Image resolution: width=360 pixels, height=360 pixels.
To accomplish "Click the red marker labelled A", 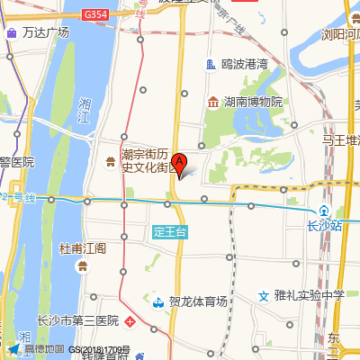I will [x=179, y=164].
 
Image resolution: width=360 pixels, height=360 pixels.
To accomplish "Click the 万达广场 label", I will [x=46, y=32].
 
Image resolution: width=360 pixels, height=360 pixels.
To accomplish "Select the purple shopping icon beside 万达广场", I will [x=11, y=32].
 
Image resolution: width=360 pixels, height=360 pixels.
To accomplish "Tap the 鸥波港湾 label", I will [x=244, y=64].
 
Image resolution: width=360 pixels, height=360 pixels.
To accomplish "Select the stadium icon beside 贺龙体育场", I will [x=157, y=302].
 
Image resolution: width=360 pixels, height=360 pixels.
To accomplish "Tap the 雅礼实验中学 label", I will [x=310, y=294].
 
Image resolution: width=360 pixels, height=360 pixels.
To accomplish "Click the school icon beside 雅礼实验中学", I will [x=264, y=295].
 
